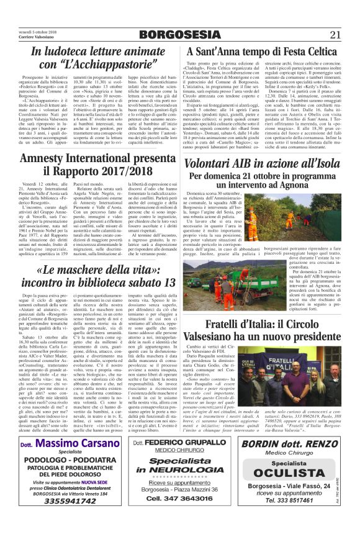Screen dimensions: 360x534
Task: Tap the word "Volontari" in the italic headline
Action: [x=218, y=164]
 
